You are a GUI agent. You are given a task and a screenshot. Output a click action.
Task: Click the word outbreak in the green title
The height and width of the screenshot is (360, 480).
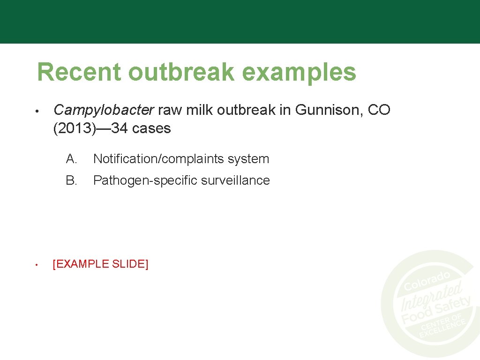[x=180, y=72]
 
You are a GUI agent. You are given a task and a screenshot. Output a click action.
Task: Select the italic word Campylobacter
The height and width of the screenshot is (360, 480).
[x=104, y=110]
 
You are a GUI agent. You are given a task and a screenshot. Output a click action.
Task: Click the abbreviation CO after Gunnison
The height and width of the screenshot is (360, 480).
[x=379, y=110]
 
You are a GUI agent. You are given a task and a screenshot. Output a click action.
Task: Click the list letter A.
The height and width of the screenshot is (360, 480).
[x=71, y=159]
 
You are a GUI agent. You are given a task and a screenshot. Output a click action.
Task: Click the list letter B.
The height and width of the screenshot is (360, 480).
[x=71, y=180]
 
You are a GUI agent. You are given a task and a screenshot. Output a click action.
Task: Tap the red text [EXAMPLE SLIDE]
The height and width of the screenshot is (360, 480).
[x=100, y=264]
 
